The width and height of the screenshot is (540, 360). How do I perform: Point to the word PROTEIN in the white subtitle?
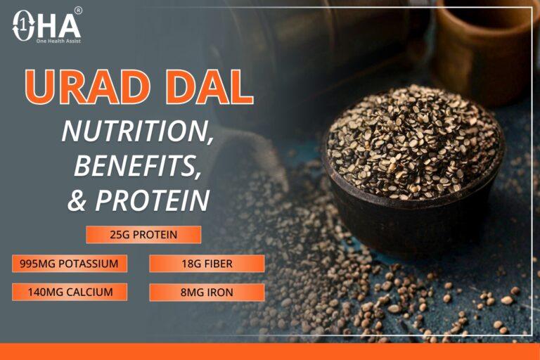pos(153,200)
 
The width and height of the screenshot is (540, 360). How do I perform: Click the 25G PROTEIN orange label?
pos(143,234)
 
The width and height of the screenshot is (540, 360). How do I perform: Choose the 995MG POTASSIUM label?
pos(70,264)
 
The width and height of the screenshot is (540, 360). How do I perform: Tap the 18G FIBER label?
pos(207,264)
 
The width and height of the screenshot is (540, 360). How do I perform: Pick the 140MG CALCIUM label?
pos(70,292)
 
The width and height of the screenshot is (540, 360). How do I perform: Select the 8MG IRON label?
pos(207,292)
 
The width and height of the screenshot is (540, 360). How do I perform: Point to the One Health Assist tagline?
pos(58,41)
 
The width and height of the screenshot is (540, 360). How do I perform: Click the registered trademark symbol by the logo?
pos(78,11)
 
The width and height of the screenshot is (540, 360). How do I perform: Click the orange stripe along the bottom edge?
pos(270,352)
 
